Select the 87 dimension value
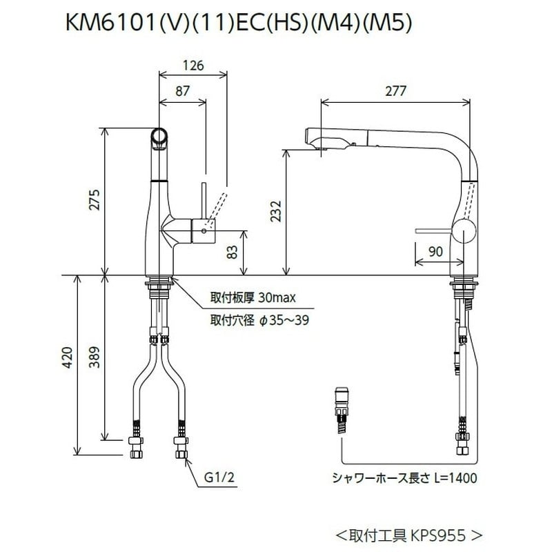pyautogui.click(x=182, y=91)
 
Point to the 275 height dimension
pyautogui.click(x=97, y=200)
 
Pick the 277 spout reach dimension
pyautogui.click(x=395, y=91)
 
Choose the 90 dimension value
pyautogui.click(x=435, y=253)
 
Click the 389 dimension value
pyautogui.click(x=97, y=357)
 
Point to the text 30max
pyautogui.click(x=277, y=299)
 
